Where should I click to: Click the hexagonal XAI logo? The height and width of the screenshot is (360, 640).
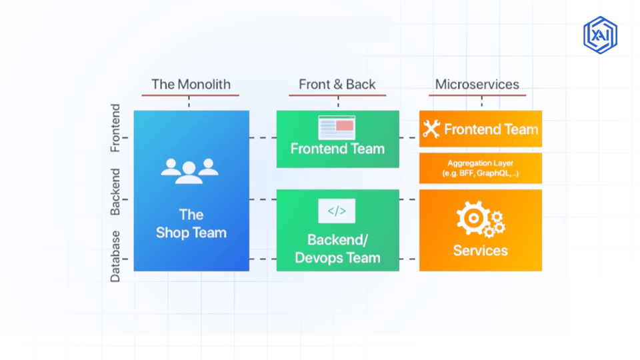click(600, 35)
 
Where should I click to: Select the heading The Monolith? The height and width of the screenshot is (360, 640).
click(191, 84)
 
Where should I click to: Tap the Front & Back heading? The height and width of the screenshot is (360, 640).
click(337, 84)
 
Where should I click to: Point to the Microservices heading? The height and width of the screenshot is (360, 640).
click(477, 84)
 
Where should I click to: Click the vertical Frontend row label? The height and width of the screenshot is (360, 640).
click(115, 128)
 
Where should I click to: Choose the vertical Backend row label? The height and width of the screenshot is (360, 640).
click(115, 192)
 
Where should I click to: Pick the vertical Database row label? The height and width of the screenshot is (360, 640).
click(115, 256)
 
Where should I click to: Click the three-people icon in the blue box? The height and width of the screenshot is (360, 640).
click(189, 171)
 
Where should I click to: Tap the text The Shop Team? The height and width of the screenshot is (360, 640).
click(191, 224)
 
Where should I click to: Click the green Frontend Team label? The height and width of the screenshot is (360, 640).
click(337, 149)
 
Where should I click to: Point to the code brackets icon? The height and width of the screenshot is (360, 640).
click(337, 211)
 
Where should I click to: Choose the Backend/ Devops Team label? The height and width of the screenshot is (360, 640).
click(337, 249)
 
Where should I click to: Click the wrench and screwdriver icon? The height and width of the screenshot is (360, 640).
click(431, 129)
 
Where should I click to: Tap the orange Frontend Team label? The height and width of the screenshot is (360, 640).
click(491, 129)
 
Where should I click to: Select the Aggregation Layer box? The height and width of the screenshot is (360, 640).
click(481, 168)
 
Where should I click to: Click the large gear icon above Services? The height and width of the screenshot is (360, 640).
click(474, 218)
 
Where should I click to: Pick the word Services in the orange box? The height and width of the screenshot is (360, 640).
click(481, 250)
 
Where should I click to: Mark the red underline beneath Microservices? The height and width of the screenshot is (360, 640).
click(477, 95)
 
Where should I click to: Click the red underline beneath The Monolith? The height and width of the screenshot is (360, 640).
click(190, 95)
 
